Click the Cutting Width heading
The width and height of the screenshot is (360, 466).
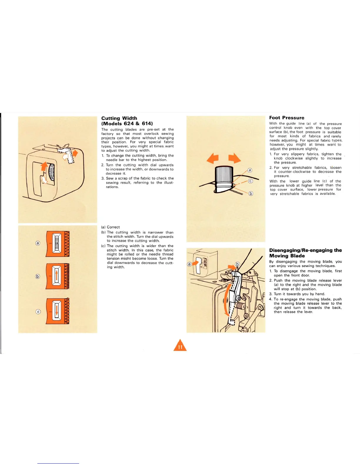coord(119,118)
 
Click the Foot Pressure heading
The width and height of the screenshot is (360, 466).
coord(286,118)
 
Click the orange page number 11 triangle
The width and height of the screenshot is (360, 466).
coord(180,346)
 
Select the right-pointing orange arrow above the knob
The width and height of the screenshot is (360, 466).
coord(235,158)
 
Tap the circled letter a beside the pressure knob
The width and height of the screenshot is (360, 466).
coord(250,170)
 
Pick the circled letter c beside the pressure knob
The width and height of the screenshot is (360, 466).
coord(251,181)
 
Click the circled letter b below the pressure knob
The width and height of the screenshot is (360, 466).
coord(251,193)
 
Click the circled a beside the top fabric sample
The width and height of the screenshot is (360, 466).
coord(38,243)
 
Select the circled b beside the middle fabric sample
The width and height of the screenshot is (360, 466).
coord(37,276)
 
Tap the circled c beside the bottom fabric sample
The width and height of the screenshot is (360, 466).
coord(38,312)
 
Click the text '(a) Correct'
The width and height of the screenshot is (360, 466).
coord(110,227)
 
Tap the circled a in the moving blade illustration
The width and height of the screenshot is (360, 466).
coord(189,264)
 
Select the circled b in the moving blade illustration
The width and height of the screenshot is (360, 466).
coord(237,264)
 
